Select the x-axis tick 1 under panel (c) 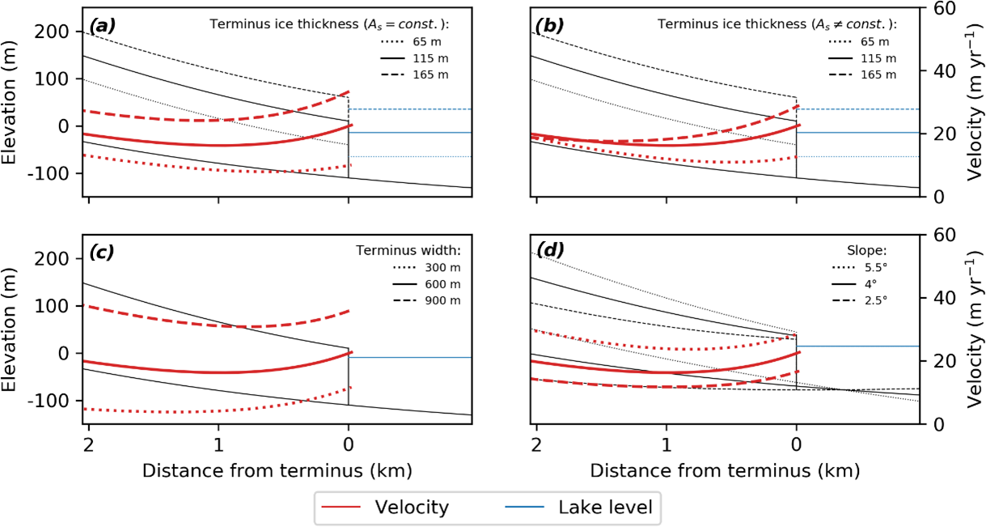pyautogui.click(x=218, y=446)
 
